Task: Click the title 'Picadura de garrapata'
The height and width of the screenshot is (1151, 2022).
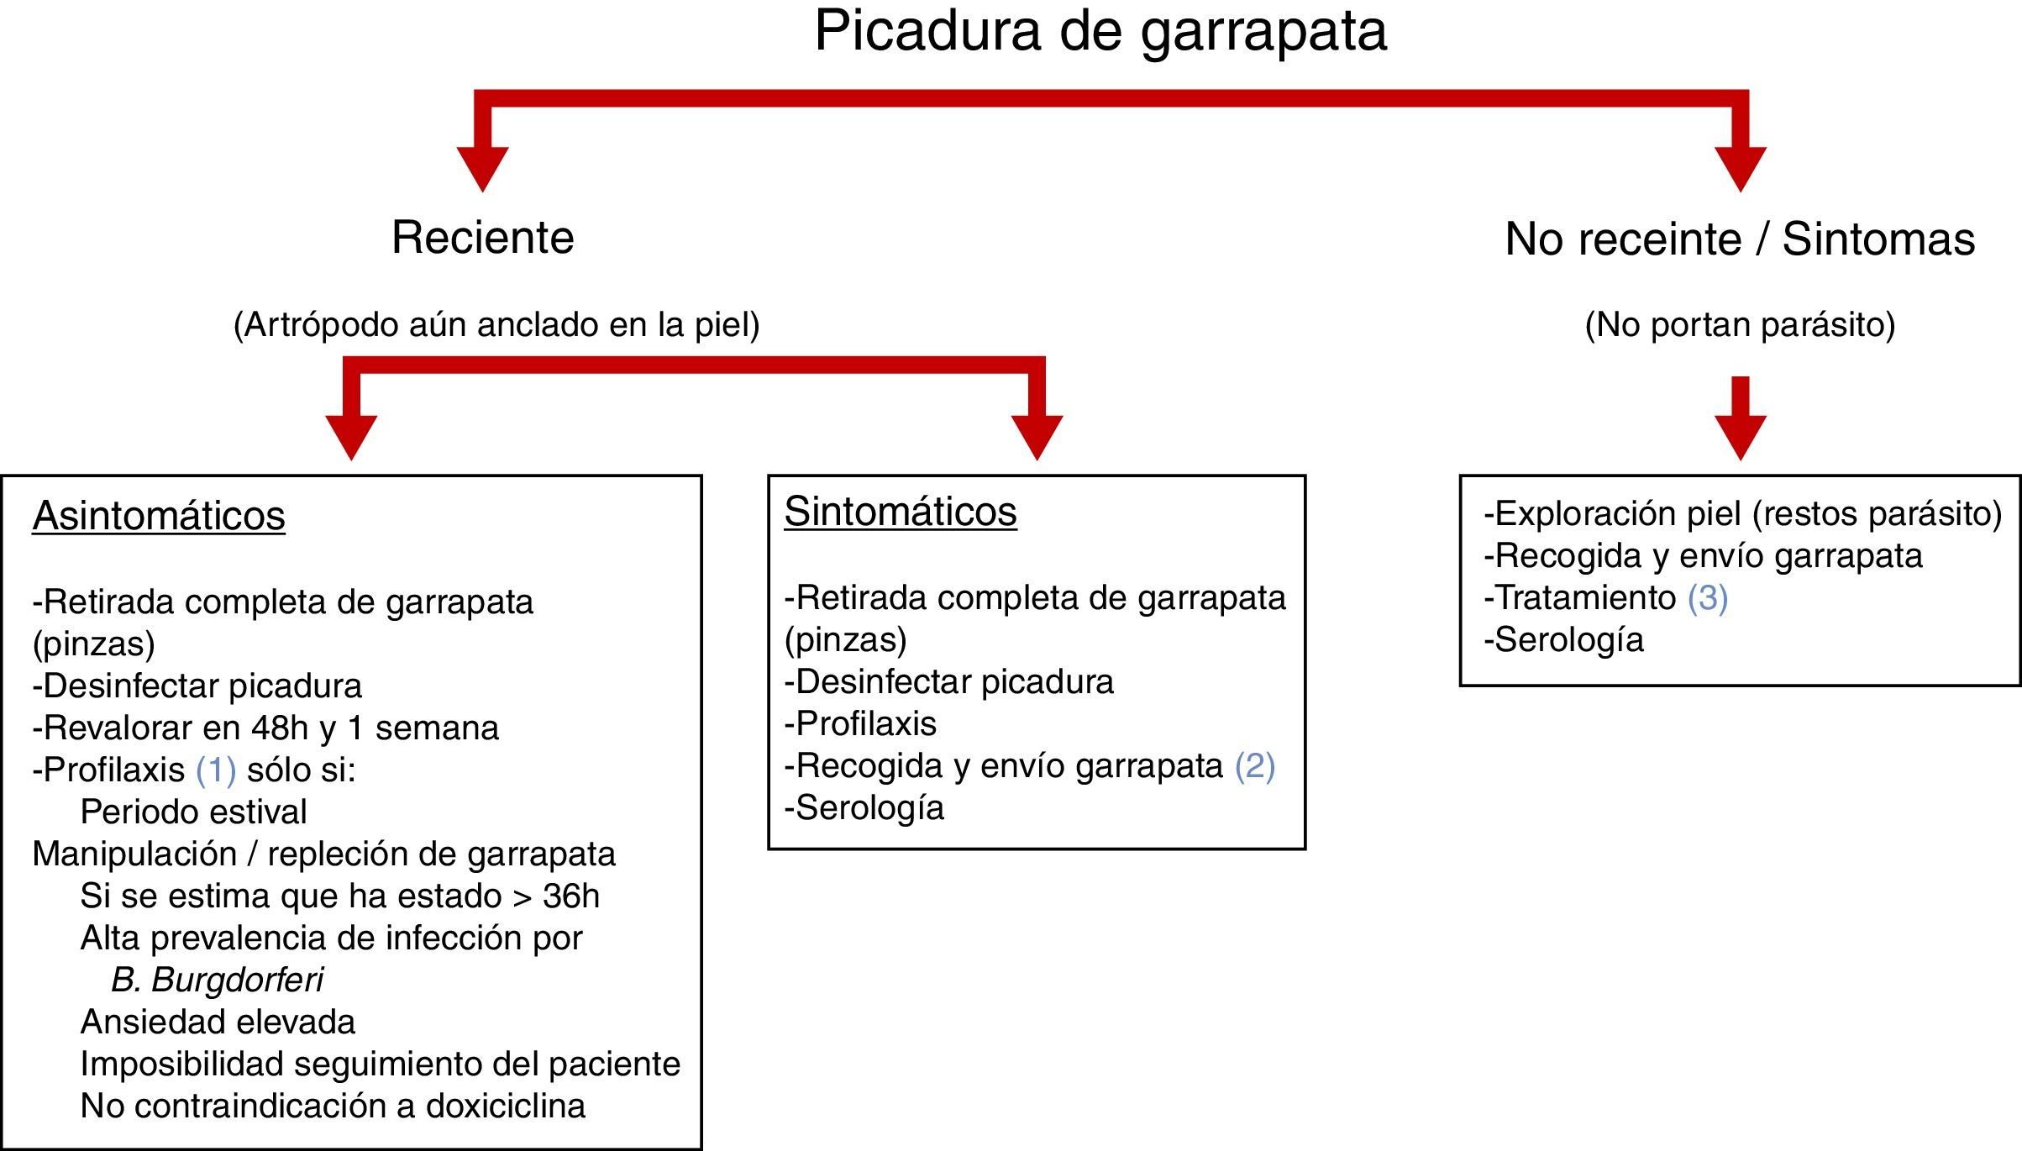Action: coord(1100,32)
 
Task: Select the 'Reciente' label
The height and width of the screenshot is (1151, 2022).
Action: coord(482,238)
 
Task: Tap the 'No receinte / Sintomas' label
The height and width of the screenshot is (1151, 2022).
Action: coord(1739,239)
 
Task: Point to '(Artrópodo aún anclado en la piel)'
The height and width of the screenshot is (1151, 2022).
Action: coord(496,325)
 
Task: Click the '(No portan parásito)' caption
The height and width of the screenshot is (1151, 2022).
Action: coord(1740,325)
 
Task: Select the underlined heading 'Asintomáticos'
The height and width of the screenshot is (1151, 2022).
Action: coord(159,516)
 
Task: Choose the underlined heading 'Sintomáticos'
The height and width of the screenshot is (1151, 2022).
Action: coord(900,512)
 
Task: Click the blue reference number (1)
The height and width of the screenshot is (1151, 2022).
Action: coord(216,770)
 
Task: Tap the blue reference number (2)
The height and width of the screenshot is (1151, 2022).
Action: coord(1254,766)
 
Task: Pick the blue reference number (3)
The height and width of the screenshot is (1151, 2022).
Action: coord(1707,598)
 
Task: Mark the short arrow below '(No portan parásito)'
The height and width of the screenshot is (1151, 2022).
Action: coord(1740,420)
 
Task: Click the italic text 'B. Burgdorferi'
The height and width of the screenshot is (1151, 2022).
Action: coord(217,980)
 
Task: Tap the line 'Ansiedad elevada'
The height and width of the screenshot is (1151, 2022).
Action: coord(218,1022)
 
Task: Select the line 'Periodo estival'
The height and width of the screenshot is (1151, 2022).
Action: coord(193,812)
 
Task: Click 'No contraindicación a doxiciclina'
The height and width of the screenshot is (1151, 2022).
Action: coord(333,1106)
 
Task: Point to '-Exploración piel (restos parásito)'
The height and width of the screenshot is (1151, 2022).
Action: coord(1742,514)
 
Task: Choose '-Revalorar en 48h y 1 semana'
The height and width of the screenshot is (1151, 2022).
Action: coord(265,728)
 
